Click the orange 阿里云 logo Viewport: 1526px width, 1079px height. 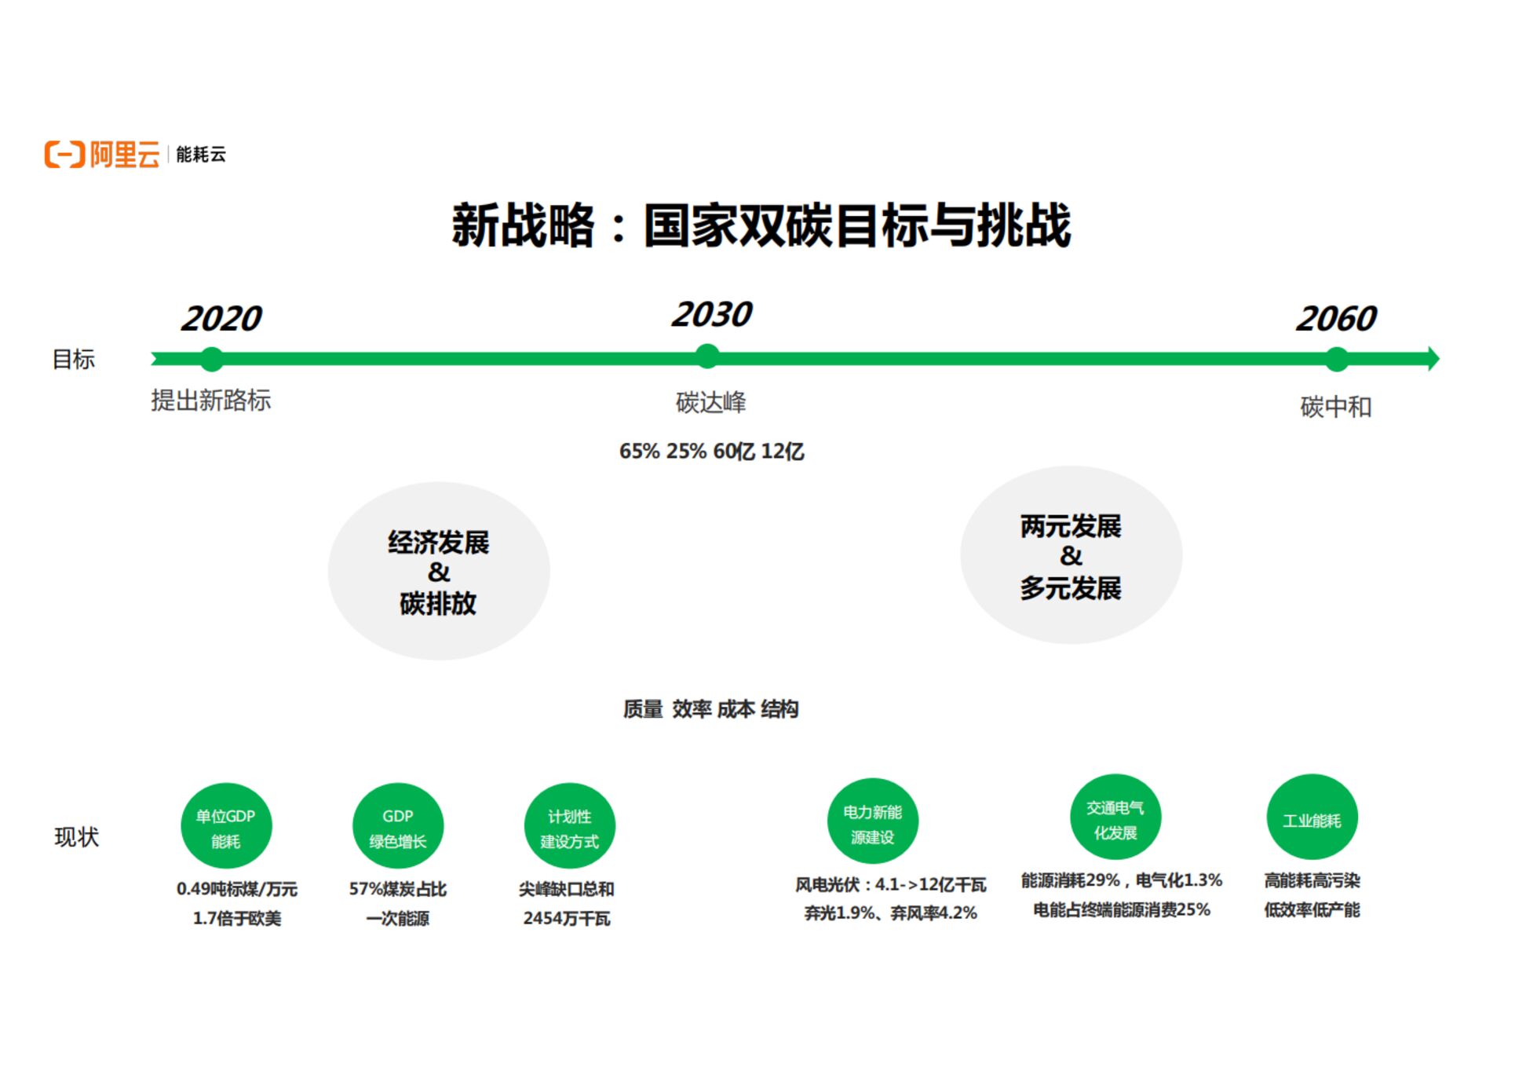coord(102,154)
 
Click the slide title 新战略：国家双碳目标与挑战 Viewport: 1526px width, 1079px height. coord(761,226)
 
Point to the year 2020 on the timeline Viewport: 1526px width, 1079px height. coord(221,319)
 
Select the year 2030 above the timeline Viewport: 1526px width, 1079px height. coord(711,315)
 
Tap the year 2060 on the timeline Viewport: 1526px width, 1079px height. coord(1335,319)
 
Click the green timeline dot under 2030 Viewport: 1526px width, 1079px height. coord(707,357)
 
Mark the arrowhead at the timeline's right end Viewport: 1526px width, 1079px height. coord(1433,359)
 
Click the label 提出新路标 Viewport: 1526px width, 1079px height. coord(210,401)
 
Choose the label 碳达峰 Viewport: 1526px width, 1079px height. coord(710,403)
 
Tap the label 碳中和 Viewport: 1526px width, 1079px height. coord(1335,407)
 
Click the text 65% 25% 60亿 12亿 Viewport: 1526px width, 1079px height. coord(711,452)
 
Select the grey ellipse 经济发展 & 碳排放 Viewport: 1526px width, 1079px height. coord(438,572)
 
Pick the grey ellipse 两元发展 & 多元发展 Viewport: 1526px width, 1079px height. coord(1071,556)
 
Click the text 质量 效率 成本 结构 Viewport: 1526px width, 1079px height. coord(710,709)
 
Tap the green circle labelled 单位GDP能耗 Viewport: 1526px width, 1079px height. coord(226,826)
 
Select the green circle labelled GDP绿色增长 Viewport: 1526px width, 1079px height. coord(398,826)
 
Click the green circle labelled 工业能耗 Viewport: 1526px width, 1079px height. coord(1312,817)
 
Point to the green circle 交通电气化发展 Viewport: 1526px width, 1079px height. coord(1115,817)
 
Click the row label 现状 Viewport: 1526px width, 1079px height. coord(76,837)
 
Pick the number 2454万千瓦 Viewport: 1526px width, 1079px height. coord(566,918)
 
